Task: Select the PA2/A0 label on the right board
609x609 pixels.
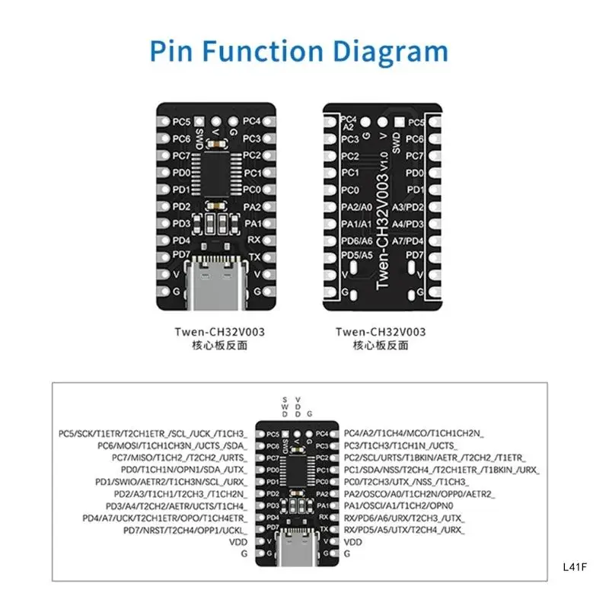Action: (356, 207)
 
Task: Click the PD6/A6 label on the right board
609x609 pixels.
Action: (356, 241)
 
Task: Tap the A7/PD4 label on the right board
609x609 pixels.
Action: (409, 241)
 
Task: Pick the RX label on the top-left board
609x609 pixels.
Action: (254, 240)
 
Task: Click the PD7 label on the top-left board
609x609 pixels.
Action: (181, 255)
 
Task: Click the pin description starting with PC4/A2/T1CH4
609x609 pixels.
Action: (414, 432)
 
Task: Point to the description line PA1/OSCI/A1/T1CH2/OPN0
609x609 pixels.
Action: (410, 505)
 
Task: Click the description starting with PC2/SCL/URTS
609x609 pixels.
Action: (435, 457)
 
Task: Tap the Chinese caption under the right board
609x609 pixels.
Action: (381, 346)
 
